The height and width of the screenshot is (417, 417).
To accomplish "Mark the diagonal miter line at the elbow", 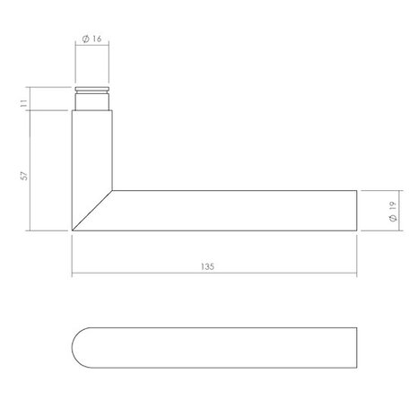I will pyautogui.click(x=91, y=211).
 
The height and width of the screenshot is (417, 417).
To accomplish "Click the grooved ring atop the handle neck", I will pyautogui.click(x=91, y=93).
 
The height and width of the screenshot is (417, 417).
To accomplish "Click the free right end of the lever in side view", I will pyautogui.click(x=357, y=211).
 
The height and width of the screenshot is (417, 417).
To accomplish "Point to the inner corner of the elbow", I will pyautogui.click(x=112, y=190).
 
